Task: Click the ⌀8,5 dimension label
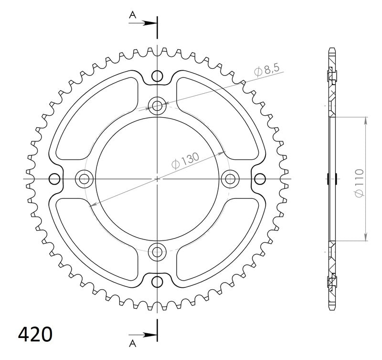266,70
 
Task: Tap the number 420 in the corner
35,335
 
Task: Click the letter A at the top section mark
131,14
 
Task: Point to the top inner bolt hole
157,105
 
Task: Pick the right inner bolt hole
231,179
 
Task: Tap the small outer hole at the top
157,76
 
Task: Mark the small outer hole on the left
55,179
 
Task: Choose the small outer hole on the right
260,179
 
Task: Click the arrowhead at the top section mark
151,22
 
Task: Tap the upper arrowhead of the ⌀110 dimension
366,120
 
